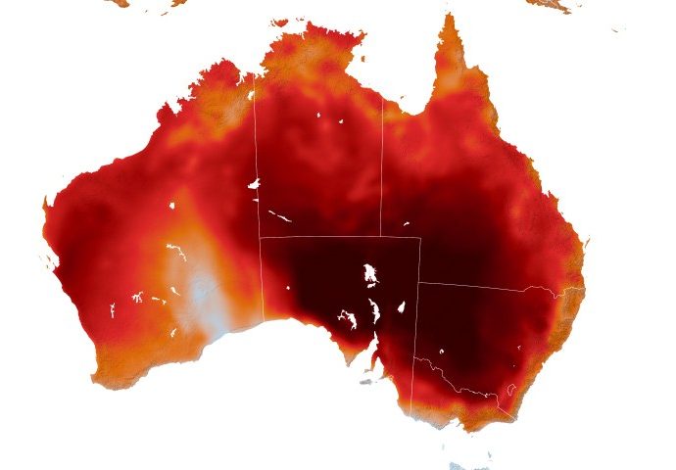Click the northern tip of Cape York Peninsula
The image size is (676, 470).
pos(451,17)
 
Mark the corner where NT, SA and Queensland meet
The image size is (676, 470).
pos(382,237)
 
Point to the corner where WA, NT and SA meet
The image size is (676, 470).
pos(260,237)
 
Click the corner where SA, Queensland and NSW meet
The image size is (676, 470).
pos(419,284)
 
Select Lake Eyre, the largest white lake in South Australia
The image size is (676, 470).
pos(370,273)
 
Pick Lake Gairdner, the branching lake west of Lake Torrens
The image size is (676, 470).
pos(347,316)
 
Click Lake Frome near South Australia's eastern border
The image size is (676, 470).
pos(401,306)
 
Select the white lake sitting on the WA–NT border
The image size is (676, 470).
pos(254,183)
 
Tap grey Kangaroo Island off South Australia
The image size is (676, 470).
pos(364,382)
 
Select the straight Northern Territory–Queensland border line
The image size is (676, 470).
pos(382,166)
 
